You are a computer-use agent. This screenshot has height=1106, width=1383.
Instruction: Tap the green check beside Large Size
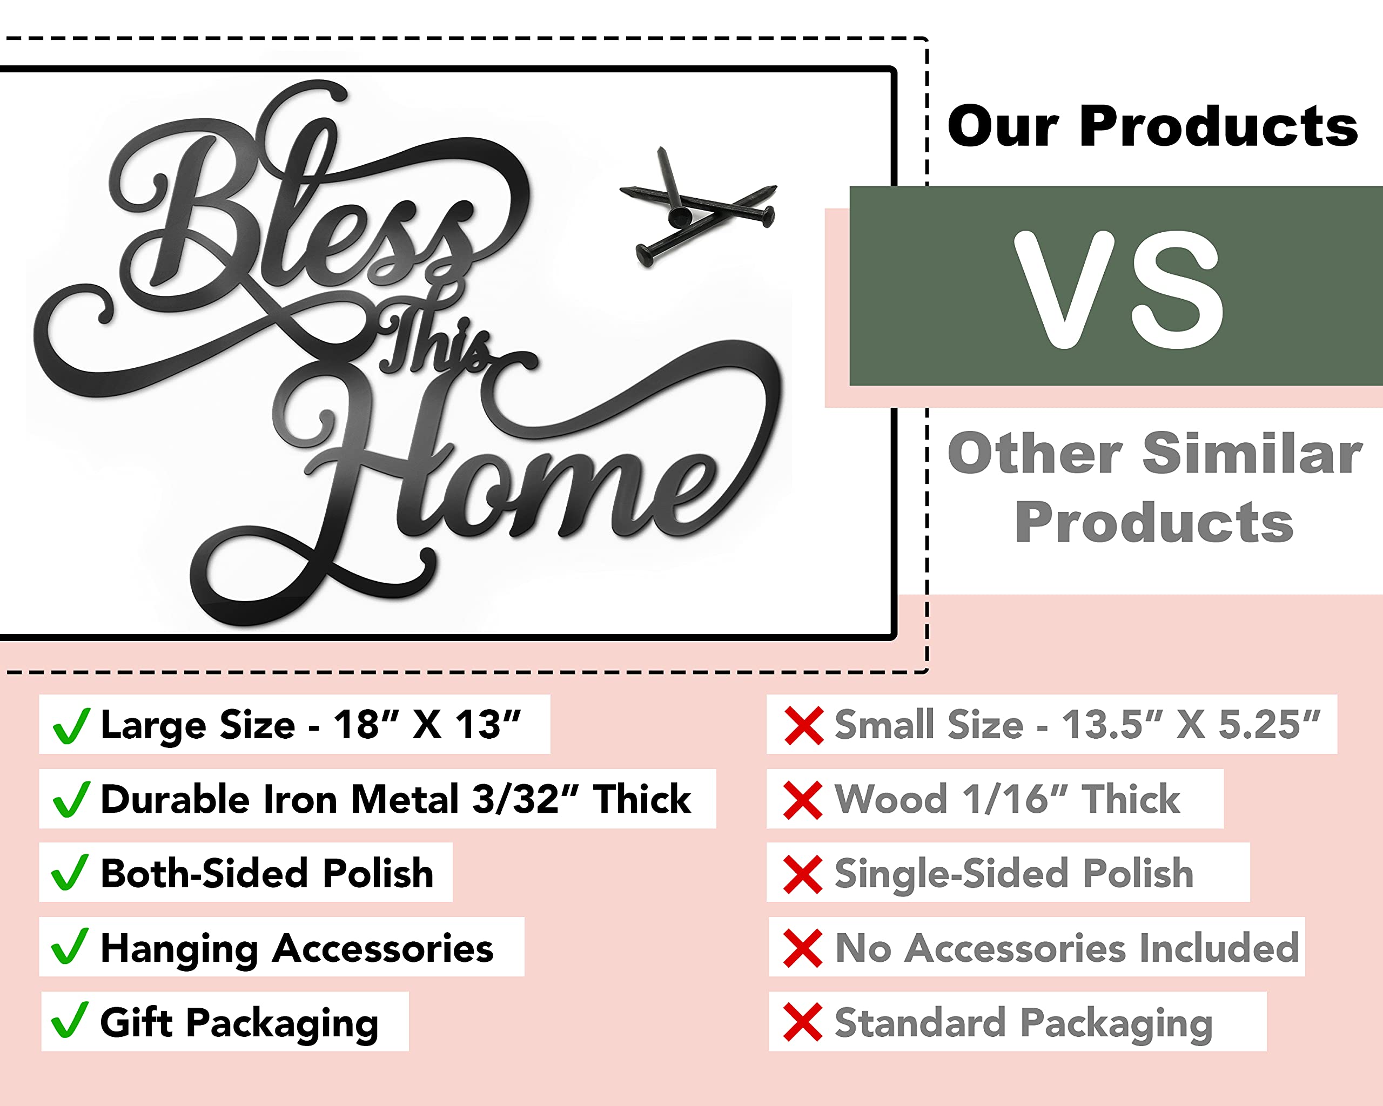71,726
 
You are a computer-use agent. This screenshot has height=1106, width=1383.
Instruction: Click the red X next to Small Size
804,726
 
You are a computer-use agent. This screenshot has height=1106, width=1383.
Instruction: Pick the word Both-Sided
206,873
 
